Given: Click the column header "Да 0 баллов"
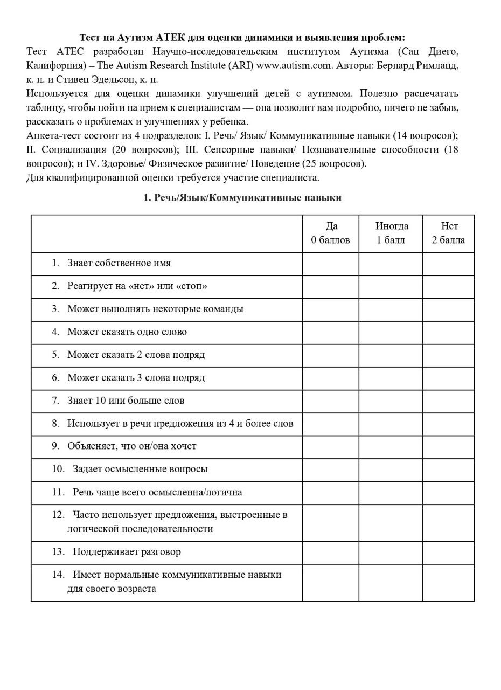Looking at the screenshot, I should point(330,233).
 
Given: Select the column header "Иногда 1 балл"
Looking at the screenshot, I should point(391,233).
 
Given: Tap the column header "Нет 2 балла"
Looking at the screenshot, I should point(448,233).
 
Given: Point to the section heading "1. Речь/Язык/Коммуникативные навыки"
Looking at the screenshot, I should point(242,198).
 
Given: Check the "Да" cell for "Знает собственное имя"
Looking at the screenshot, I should point(330,264).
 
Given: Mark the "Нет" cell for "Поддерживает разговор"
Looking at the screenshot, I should point(448,553).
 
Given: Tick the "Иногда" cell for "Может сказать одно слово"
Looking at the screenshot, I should point(391,332).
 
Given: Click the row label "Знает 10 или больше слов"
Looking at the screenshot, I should point(126,401).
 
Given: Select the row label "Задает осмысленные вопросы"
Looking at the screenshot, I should point(140,469).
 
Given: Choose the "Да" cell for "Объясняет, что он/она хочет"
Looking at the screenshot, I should point(330,446).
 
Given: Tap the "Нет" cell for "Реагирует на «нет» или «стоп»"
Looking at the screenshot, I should point(448,286).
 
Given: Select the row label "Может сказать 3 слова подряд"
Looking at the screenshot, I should point(136,378).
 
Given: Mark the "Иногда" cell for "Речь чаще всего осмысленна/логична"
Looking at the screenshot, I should point(391,492).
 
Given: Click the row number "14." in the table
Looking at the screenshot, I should point(59,575).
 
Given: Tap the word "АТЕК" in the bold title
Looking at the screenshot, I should point(170,38).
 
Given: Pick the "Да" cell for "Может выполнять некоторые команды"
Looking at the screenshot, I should point(330,309).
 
